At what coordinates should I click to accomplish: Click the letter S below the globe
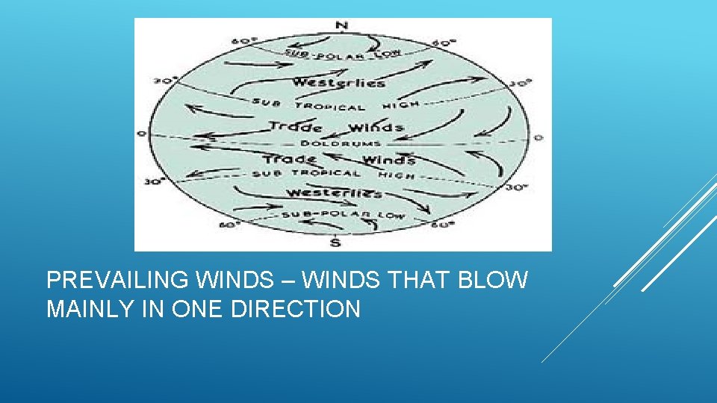click(335, 242)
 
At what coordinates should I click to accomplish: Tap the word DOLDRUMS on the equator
click(341, 143)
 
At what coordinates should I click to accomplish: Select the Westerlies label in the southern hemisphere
click(334, 193)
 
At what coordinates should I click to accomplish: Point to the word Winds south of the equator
click(388, 160)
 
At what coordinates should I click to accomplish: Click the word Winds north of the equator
click(376, 128)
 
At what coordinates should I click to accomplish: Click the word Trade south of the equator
click(290, 159)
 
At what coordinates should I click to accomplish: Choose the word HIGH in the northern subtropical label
click(401, 104)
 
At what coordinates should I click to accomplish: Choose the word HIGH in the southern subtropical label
click(396, 175)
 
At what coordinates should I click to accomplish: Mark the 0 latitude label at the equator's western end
click(140, 134)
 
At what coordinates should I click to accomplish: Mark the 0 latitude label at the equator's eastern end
click(538, 137)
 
